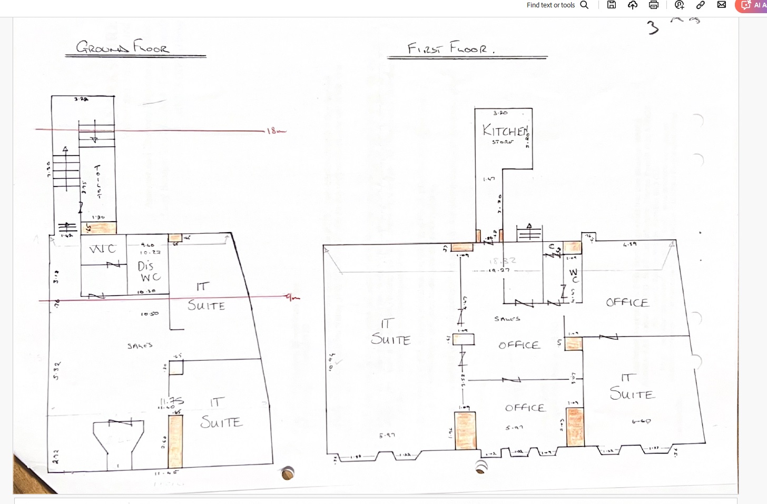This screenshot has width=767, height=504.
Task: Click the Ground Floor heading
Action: pyautogui.click(x=123, y=47)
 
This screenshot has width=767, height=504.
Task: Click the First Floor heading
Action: pyautogui.click(x=451, y=48)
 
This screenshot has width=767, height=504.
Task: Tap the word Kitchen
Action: pyautogui.click(x=505, y=131)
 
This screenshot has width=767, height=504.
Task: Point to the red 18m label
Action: pyautogui.click(x=275, y=130)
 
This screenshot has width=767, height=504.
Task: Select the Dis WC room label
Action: pyautogui.click(x=149, y=271)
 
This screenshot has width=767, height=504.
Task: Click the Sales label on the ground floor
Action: pyautogui.click(x=140, y=345)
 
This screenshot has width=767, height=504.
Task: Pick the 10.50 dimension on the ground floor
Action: pyautogui.click(x=150, y=314)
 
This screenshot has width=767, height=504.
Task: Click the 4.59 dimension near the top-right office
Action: pyautogui.click(x=630, y=244)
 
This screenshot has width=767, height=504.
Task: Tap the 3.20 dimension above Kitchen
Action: pyautogui.click(x=500, y=113)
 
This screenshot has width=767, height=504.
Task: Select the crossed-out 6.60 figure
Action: pyautogui.click(x=641, y=421)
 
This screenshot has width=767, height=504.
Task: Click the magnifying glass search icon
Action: pyautogui.click(x=584, y=5)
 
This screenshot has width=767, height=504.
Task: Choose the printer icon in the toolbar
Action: pyautogui.click(x=654, y=5)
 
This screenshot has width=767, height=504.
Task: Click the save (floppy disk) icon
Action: pyautogui.click(x=612, y=5)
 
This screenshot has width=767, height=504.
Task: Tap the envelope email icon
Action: pyautogui.click(x=722, y=5)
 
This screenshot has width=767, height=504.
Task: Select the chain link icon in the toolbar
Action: pyautogui.click(x=701, y=5)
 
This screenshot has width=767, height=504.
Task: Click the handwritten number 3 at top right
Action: pyautogui.click(x=653, y=27)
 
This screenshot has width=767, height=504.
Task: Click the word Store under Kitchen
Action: pyautogui.click(x=503, y=142)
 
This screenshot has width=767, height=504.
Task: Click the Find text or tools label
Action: pyautogui.click(x=550, y=5)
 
